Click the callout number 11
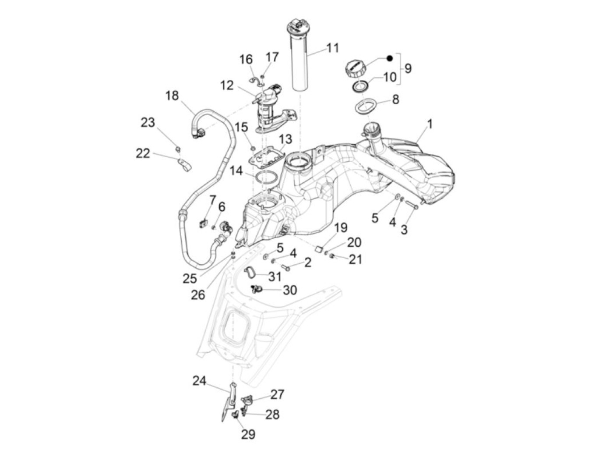tap(333, 47)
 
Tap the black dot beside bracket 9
tap(389, 58)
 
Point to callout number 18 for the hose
tap(172, 95)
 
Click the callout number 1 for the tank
tap(430, 124)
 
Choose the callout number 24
tap(199, 381)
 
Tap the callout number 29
tap(248, 434)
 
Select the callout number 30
tap(290, 290)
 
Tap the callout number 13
tap(285, 139)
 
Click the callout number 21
tap(355, 259)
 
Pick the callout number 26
tap(197, 294)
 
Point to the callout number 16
tap(246, 59)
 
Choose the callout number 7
tap(212, 201)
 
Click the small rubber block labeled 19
tap(320, 249)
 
